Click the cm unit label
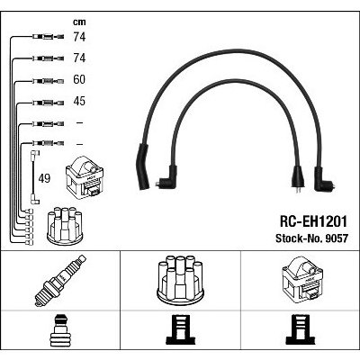click(79, 22)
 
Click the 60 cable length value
click(79, 79)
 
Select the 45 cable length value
click(79, 101)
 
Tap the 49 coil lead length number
click(44, 179)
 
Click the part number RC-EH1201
click(313, 222)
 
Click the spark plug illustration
click(60, 280)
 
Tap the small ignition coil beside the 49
click(85, 178)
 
